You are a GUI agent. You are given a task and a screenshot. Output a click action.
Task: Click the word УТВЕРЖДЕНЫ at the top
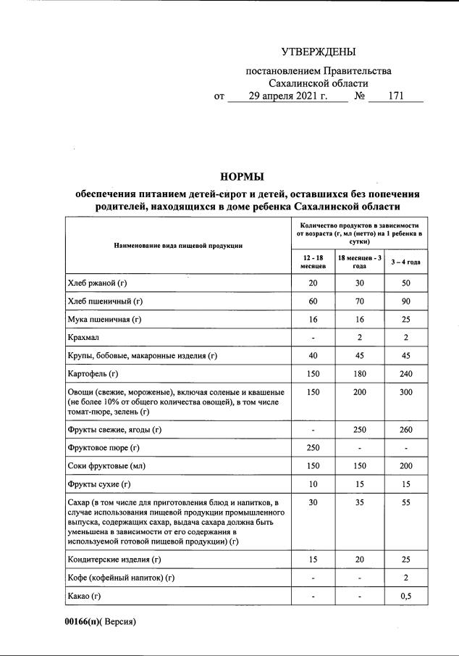319,51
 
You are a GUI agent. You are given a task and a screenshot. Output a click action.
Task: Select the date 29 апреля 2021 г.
287,96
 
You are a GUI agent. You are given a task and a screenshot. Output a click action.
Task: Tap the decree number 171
395,96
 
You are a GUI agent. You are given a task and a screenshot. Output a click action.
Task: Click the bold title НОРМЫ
243,177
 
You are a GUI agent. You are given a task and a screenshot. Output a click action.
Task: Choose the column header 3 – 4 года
405,261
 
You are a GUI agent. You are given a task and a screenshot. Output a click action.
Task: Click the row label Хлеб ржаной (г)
102,283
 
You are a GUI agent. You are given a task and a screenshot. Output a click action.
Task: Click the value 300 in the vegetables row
405,392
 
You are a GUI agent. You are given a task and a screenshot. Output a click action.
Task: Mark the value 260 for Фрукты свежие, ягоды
405,430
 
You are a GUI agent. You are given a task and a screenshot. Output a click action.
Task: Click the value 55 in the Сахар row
405,501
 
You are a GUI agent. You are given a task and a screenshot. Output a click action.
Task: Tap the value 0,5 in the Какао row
405,596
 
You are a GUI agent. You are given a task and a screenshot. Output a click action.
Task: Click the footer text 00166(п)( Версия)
100,621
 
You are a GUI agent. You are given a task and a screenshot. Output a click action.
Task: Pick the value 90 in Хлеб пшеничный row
405,301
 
